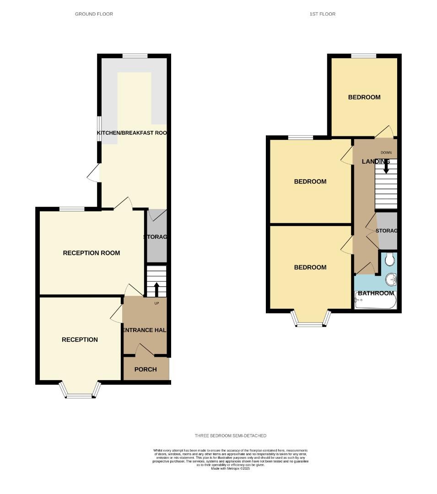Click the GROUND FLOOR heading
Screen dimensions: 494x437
tap(94, 14)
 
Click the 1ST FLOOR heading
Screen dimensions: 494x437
tap(322, 14)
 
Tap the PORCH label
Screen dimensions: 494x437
tap(146, 370)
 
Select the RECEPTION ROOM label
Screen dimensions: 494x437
tap(92, 253)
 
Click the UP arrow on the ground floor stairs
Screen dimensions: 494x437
tap(156, 289)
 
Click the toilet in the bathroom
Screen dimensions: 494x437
tap(389, 260)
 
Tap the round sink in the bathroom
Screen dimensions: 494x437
tap(390, 279)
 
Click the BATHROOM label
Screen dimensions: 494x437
tap(376, 293)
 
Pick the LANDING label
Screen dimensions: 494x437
tap(376, 161)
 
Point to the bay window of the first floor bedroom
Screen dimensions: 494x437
tap(310, 318)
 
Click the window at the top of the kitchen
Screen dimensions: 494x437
tap(135, 56)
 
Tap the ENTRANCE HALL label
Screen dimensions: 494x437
tap(145, 330)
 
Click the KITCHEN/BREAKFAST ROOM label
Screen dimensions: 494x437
tap(132, 134)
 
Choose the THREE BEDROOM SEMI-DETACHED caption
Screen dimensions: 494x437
tap(230, 436)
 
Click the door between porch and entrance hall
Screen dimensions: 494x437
tap(145, 351)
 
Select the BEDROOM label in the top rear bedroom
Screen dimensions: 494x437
tap(364, 97)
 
